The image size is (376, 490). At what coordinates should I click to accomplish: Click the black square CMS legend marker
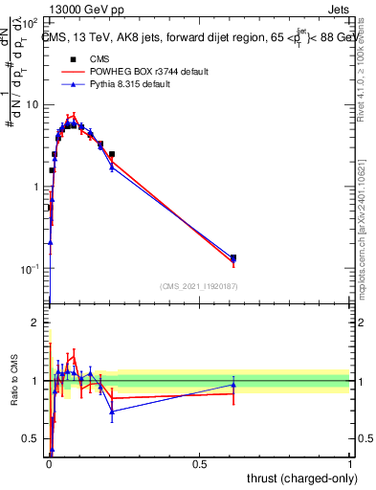[x=73, y=59]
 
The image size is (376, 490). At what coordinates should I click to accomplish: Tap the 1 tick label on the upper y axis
[x=38, y=187]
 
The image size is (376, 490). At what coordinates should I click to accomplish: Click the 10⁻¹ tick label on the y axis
[x=32, y=270]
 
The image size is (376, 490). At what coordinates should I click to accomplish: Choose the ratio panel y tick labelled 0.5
[x=33, y=439]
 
